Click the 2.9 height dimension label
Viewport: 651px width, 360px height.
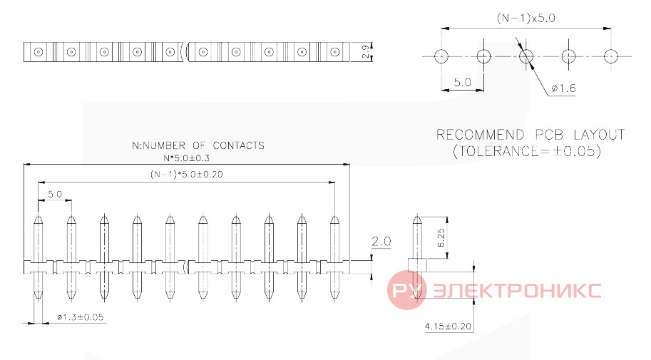365,52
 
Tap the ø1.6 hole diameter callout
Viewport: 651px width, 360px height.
563,88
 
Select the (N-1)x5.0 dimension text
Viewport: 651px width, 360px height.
526,19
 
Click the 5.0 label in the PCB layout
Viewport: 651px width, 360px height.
462,82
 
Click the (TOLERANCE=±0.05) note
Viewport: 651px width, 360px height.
527,150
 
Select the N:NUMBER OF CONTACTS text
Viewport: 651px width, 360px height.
198,145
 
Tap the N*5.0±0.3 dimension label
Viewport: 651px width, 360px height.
186,158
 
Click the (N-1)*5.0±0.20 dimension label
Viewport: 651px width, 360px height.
186,175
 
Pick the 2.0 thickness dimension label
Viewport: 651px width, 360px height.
381,241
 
